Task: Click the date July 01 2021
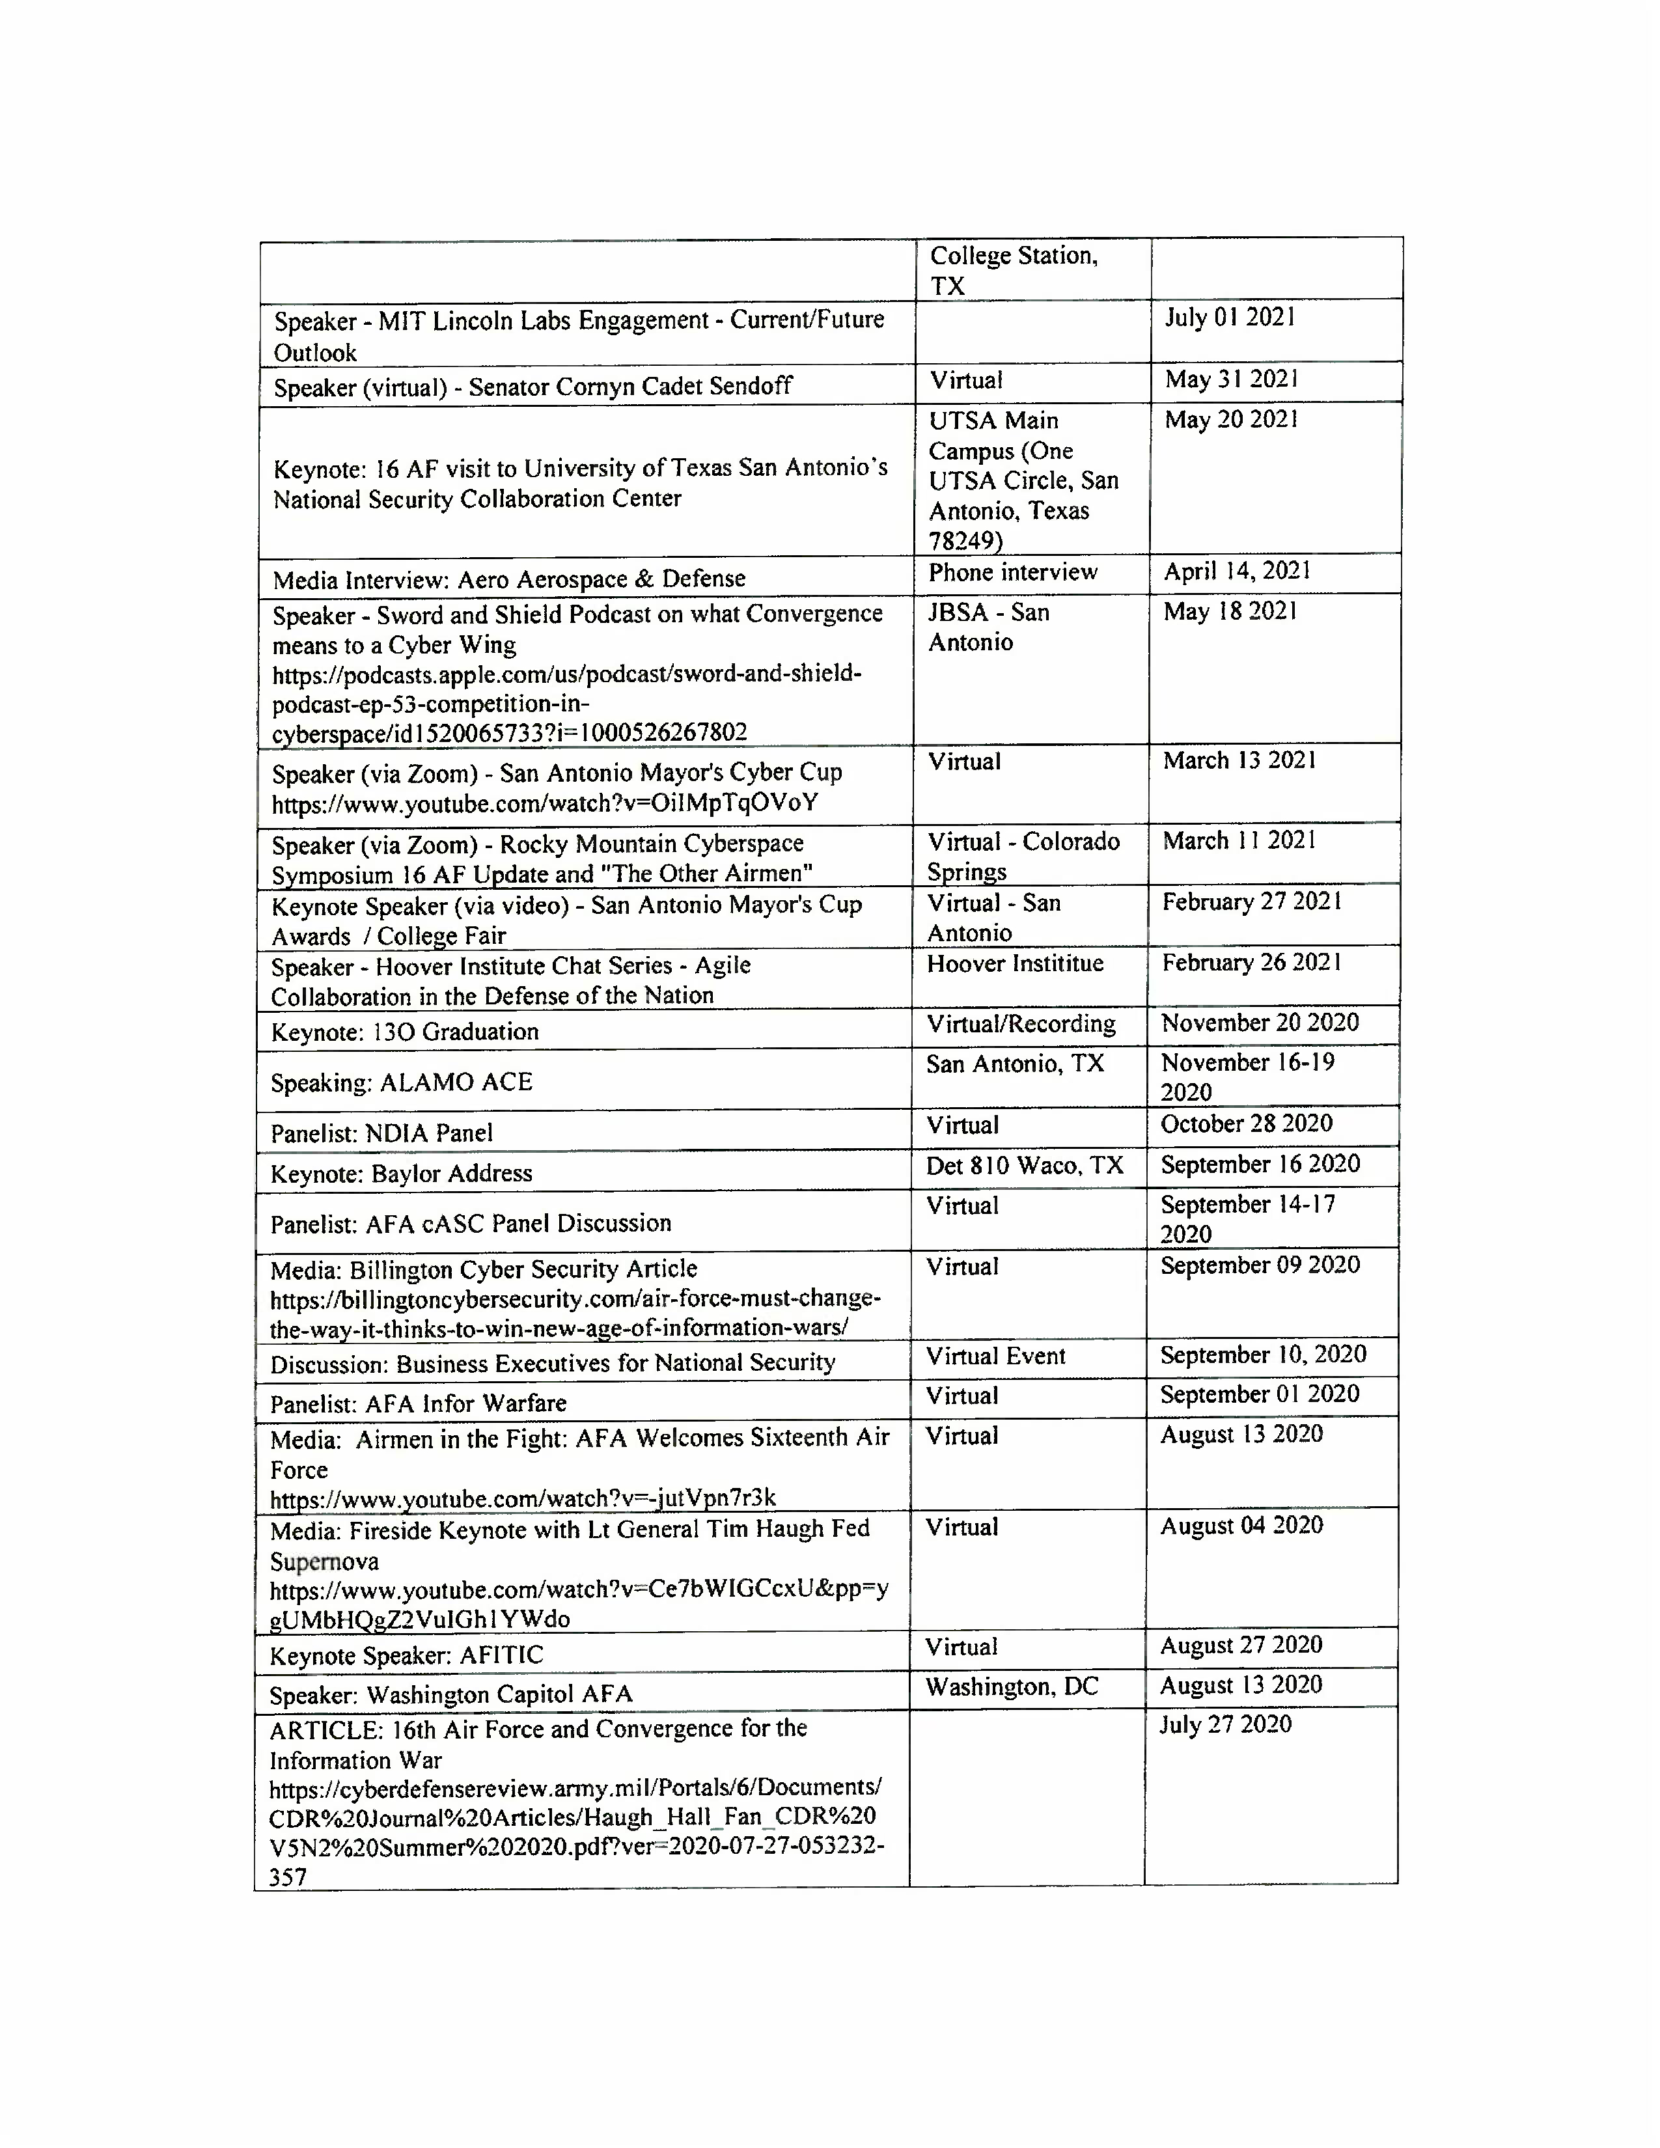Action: tap(1230, 318)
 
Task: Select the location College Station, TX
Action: tap(1013, 271)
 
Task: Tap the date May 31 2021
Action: tap(1231, 379)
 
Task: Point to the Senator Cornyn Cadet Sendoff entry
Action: tap(532, 387)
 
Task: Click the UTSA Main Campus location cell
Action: tap(1023, 480)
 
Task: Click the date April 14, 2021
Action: tap(1237, 571)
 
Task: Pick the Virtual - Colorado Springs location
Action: tap(1023, 856)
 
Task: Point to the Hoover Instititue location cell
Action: tap(1014, 964)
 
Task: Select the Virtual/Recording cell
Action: tap(1021, 1025)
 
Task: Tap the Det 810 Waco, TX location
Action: tap(1024, 1166)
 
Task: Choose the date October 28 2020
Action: tap(1246, 1124)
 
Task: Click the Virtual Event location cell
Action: tap(995, 1357)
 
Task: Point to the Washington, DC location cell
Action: tap(1011, 1688)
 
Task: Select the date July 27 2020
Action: tap(1224, 1725)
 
